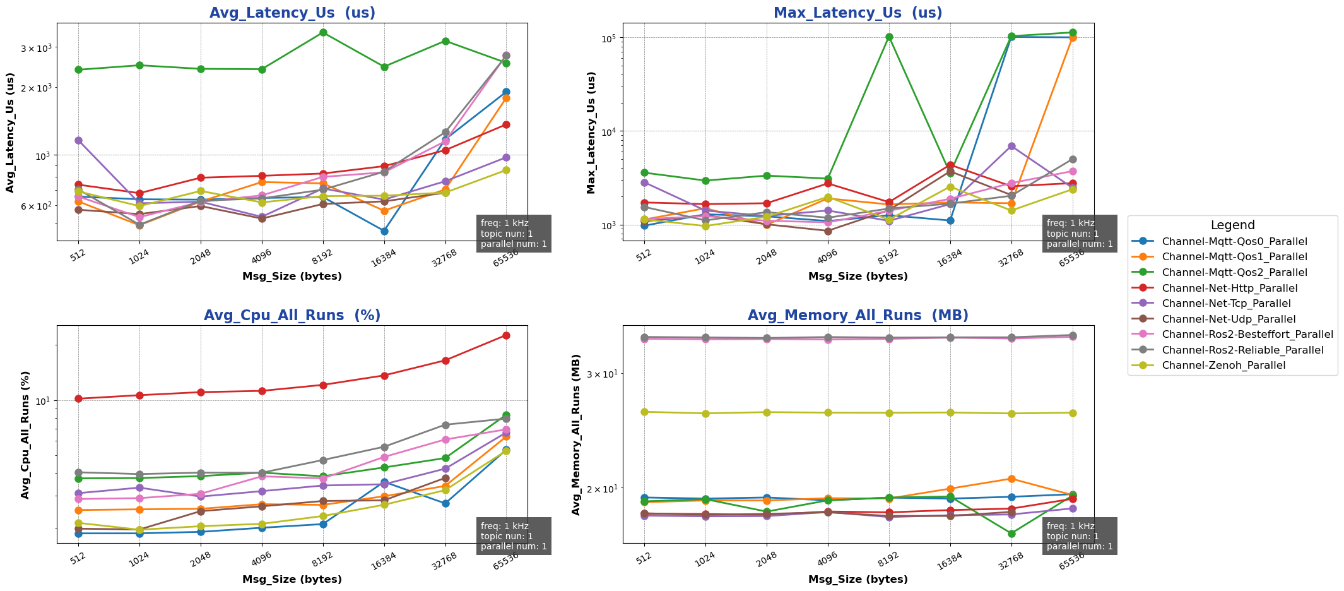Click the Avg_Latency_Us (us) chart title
click(292, 13)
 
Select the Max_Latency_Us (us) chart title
click(858, 13)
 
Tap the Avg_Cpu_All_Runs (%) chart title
click(292, 316)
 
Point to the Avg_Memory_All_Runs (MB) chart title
click(858, 316)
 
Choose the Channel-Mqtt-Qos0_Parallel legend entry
click(1234, 241)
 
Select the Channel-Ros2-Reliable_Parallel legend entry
click(1242, 350)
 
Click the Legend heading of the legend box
click(1232, 225)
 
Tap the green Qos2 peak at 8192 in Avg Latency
click(323, 32)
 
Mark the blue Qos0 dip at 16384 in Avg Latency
click(384, 231)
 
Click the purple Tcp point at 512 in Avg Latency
click(78, 140)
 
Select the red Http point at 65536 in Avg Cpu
click(506, 335)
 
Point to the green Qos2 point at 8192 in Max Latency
click(889, 37)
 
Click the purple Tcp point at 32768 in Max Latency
click(1011, 146)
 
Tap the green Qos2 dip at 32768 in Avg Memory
click(1011, 534)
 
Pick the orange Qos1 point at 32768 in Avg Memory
click(1011, 479)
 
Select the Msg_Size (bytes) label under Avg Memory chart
click(858, 580)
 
